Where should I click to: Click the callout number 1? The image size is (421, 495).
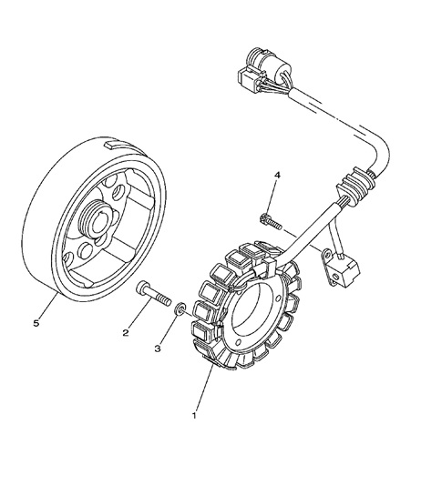(x=194, y=415)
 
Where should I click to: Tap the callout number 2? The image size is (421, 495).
(x=126, y=332)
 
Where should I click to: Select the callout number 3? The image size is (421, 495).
(x=158, y=349)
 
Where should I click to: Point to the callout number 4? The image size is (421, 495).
(x=277, y=176)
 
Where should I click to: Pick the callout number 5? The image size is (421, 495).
(x=36, y=323)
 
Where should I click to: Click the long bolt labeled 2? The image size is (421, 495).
(x=154, y=294)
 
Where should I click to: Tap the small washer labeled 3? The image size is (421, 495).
(x=180, y=308)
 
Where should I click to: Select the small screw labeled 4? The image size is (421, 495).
(x=271, y=222)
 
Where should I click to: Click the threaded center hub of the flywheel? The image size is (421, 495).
(x=96, y=217)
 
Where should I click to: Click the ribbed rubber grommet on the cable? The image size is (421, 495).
(x=355, y=185)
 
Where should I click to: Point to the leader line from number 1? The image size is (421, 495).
(x=204, y=387)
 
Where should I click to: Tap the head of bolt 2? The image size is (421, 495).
(x=141, y=288)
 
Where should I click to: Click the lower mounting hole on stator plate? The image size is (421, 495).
(x=239, y=341)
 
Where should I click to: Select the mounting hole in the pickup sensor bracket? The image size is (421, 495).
(x=335, y=278)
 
